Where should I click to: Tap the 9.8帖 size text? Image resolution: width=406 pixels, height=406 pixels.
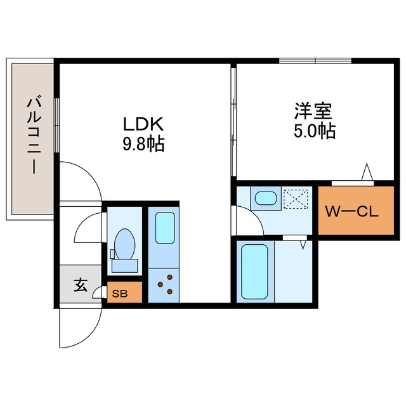(143, 145)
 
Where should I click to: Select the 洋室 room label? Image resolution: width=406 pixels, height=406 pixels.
(313, 111)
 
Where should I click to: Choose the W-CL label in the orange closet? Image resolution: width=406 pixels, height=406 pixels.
(351, 213)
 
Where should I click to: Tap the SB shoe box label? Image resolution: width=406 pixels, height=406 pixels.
(119, 293)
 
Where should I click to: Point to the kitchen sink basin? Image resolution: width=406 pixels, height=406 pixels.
(165, 228)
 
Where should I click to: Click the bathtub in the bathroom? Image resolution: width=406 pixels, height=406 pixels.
(254, 272)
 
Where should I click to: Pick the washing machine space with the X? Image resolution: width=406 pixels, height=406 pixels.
(296, 199)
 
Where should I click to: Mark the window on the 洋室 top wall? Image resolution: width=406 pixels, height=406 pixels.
(315, 61)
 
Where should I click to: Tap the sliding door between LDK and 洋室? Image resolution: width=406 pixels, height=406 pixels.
(233, 121)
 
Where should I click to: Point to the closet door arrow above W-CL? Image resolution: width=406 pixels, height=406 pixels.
(367, 173)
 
